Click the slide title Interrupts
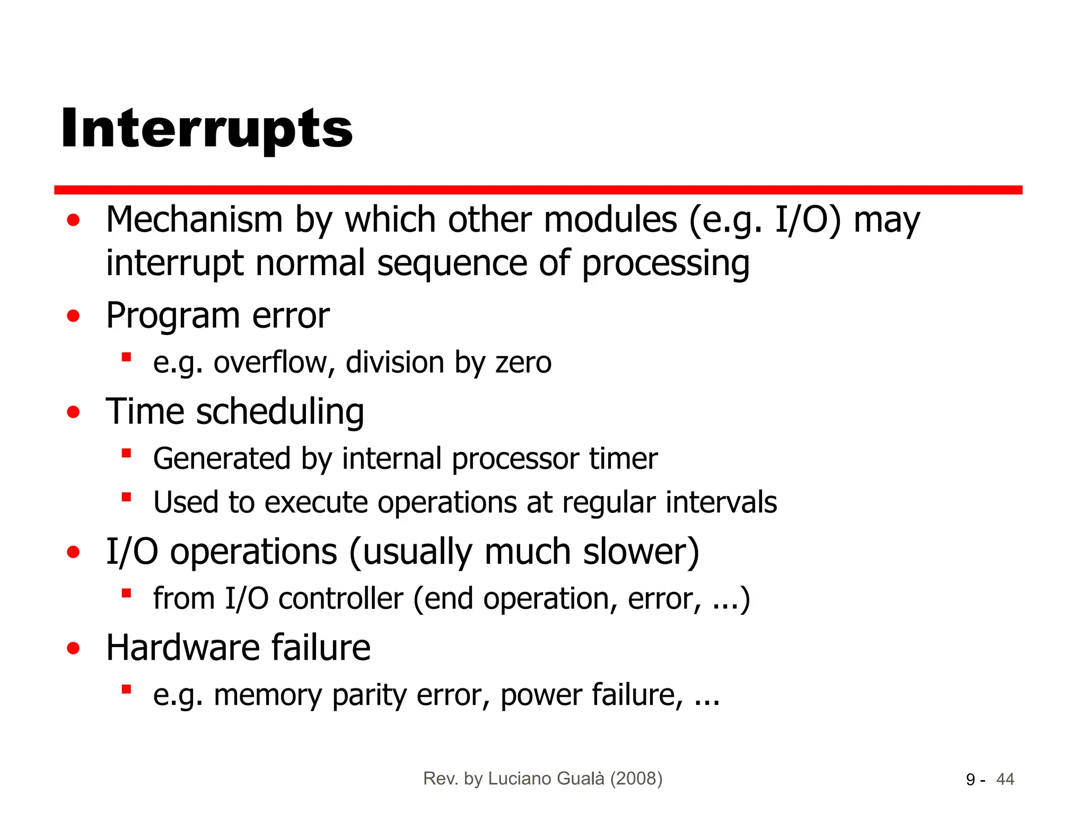[207, 129]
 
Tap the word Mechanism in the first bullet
[194, 219]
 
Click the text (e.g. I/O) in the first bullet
[765, 219]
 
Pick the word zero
[523, 363]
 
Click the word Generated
[222, 458]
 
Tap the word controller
[340, 599]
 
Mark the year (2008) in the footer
[636, 778]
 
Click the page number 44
[1005, 780]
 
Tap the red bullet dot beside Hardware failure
[73, 648]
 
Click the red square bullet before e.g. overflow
[126, 357]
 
